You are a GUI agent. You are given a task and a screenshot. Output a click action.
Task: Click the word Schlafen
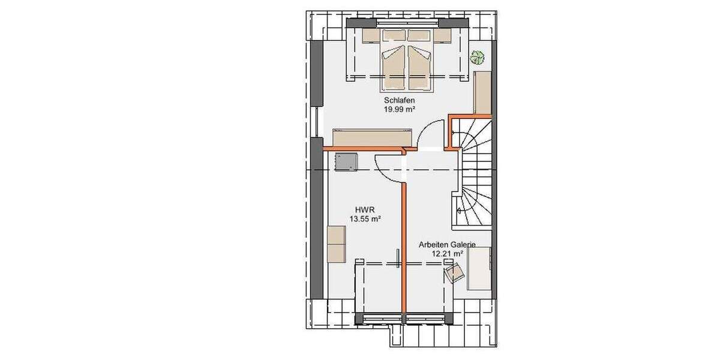point(400,101)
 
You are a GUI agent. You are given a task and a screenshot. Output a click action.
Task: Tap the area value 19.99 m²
point(400,110)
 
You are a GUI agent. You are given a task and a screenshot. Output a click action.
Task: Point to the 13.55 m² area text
point(365,220)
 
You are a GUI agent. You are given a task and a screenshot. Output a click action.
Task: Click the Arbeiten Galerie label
point(447,245)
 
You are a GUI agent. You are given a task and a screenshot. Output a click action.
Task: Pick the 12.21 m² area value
point(447,254)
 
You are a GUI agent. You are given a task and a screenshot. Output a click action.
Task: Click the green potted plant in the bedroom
point(478,58)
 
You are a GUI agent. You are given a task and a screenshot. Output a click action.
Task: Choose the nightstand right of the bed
point(443,36)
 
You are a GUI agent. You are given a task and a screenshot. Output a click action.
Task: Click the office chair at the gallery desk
point(454,274)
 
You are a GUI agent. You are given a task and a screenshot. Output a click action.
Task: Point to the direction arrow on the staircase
point(459,210)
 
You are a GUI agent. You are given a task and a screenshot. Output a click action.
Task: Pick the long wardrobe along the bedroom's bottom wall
point(371,137)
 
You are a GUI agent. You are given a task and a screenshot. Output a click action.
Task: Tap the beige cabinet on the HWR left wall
point(335,244)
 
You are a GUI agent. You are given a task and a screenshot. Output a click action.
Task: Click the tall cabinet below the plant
point(482,94)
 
